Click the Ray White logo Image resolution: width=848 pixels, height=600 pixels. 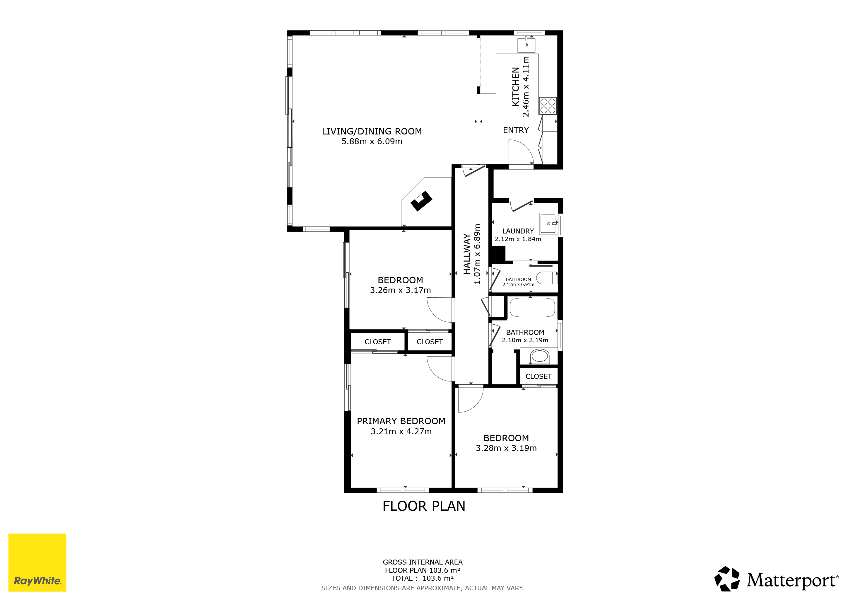[x=37, y=562]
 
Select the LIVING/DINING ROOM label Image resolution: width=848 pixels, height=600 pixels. [x=372, y=131]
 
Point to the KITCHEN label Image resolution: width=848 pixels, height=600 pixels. [x=516, y=87]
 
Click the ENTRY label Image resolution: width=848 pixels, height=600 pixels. [x=516, y=130]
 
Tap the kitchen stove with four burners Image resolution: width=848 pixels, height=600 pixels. [x=548, y=106]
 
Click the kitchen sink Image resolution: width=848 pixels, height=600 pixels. [x=526, y=45]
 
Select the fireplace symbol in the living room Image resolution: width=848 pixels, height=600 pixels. [x=421, y=201]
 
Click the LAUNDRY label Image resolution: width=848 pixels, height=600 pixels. [x=518, y=231]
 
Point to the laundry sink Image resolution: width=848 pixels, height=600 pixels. [x=548, y=224]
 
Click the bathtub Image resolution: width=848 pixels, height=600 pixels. [x=532, y=307]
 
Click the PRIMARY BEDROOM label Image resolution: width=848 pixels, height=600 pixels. [x=401, y=421]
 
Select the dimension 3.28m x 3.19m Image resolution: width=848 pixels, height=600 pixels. [x=506, y=448]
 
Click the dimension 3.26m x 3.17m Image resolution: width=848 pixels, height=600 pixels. [x=400, y=290]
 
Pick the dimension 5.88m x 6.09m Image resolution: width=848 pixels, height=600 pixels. [x=372, y=142]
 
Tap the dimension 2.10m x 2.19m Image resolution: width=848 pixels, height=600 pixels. [x=525, y=340]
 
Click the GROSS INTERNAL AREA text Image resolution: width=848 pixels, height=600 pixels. [x=423, y=562]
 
